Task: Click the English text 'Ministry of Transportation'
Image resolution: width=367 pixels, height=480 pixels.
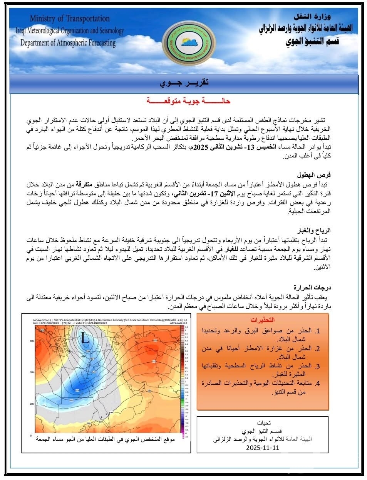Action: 70,18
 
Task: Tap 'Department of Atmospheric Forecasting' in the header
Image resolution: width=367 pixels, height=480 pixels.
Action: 68,43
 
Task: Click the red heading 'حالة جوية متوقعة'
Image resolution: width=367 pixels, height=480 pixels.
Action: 188,101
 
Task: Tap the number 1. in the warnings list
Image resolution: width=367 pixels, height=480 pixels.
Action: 318,331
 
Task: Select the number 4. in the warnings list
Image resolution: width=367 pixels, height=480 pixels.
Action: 318,383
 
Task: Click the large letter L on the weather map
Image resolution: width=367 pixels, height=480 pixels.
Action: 85,339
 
